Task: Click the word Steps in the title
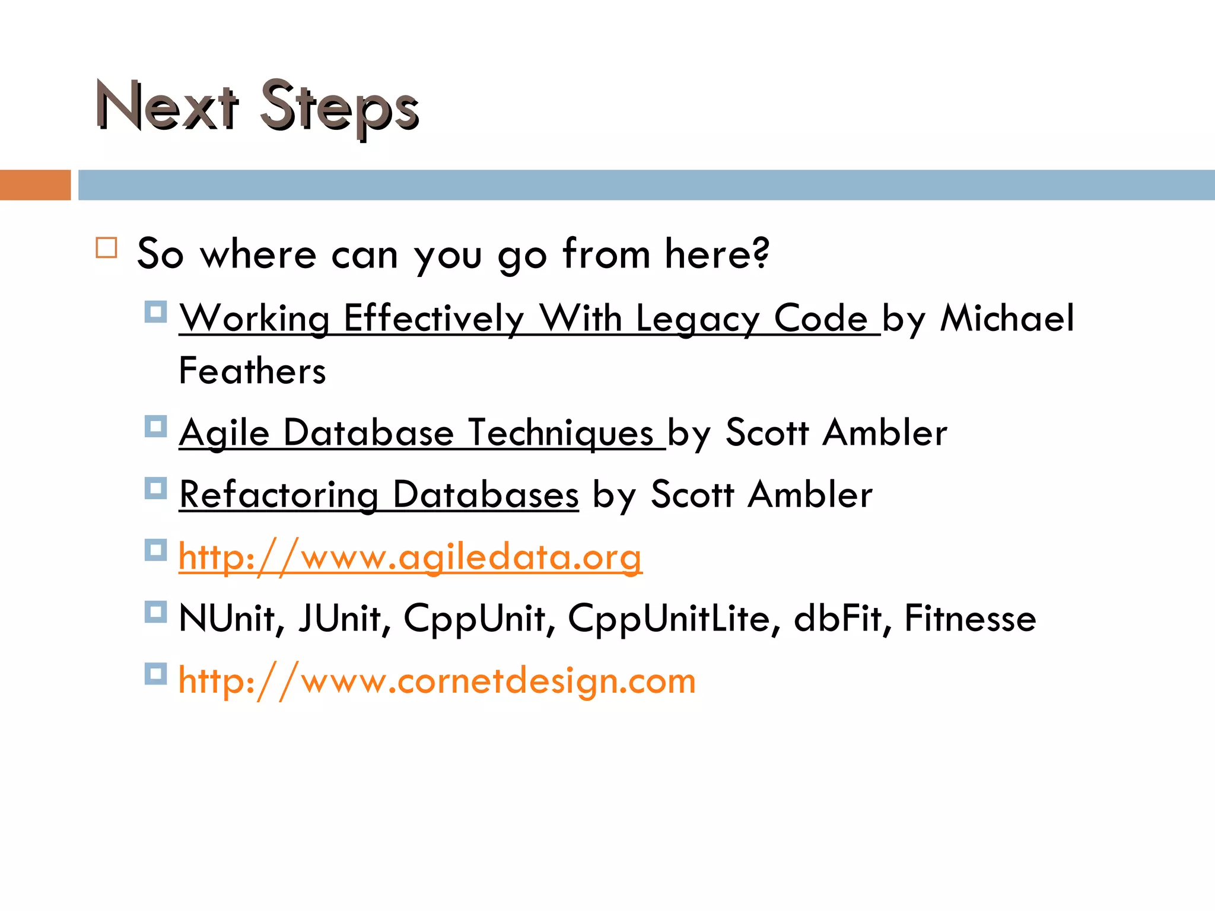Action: point(339,108)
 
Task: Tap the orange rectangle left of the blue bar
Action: point(35,185)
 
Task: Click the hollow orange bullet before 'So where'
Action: point(107,247)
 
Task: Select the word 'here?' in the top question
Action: point(717,254)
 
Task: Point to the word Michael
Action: point(1007,318)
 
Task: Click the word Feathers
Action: point(252,371)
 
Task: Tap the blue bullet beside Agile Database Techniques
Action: point(155,426)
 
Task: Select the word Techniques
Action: point(561,433)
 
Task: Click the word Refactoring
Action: point(279,495)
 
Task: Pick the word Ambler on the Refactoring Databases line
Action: point(810,495)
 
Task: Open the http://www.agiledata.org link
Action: point(410,558)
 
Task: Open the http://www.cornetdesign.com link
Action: point(437,681)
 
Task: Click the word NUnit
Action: point(227,619)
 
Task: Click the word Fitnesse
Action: point(970,619)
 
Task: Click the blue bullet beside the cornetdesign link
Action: point(155,674)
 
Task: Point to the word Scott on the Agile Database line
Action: point(767,433)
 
